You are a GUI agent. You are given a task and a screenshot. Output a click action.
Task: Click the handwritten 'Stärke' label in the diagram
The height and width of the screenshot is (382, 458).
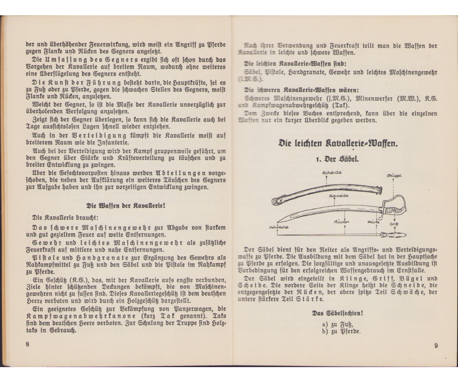374,222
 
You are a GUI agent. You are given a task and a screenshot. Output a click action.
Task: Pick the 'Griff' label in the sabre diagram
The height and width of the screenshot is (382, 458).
394,224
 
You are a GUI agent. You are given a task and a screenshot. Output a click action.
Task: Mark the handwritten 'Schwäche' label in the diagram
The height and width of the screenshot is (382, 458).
279,227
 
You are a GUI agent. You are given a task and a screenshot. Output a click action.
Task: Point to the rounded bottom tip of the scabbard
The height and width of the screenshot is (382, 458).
275,201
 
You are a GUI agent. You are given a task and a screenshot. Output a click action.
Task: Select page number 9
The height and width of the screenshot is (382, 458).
435,346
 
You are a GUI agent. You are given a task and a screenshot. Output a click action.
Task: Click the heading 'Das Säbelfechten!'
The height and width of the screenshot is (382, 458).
337,313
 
